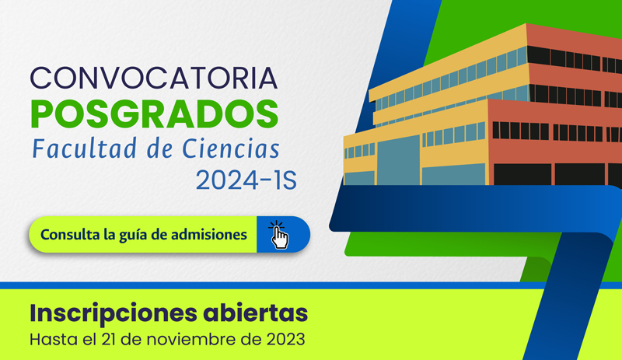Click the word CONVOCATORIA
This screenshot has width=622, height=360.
coord(153,79)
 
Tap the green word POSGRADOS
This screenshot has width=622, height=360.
coord(154,114)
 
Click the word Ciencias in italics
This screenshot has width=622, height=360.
coord(231,149)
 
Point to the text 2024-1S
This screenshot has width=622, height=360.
coord(246,180)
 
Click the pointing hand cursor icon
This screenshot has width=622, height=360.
coord(279,235)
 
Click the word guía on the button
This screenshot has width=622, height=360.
coord(133,236)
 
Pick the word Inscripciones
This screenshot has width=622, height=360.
coord(113,313)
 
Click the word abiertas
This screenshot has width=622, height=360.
coord(256,313)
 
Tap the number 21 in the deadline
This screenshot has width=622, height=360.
coord(109,340)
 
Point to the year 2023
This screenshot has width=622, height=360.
coord(285,340)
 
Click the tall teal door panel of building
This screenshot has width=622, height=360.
coord(398,160)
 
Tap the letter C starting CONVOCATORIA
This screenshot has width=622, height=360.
coord(40,79)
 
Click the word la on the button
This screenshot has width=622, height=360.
coord(110,234)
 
